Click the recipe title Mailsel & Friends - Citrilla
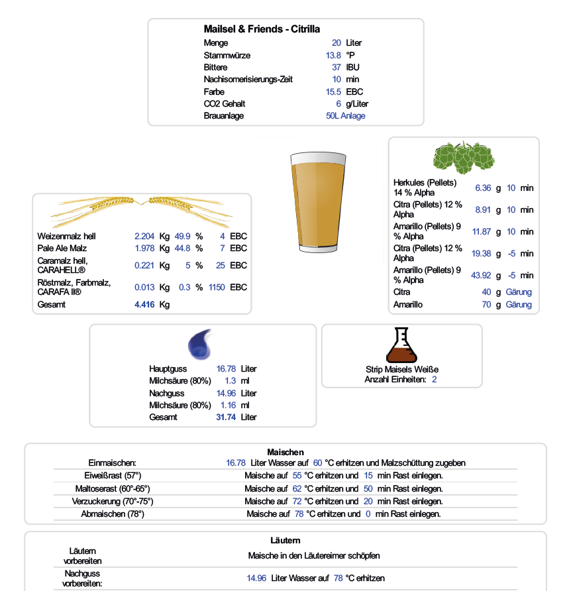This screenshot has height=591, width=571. coord(262,29)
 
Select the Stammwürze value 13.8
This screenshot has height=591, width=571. coord(334,55)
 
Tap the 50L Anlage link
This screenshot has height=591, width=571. coord(345,116)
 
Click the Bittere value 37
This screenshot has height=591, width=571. coord(337,68)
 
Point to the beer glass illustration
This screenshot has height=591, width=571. coord(318,201)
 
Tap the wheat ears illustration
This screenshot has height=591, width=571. coord(142,210)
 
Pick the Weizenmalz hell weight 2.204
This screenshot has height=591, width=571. coord(144,237)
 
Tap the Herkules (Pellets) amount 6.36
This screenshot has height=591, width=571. coord(483,188)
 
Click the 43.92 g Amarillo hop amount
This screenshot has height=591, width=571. coord(481,276)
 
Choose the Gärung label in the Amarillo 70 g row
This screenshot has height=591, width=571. coord(518,305)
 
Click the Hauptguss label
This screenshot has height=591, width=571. coord(168,369)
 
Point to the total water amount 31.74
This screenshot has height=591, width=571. coord(227,417)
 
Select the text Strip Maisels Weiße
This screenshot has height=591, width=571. coord(402,370)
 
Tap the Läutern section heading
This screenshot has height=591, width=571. coord(285,541)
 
